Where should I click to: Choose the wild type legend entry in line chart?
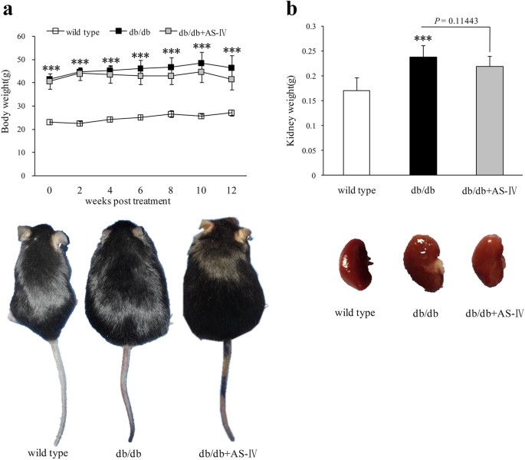[76, 10]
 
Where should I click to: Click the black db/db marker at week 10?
[179, 64]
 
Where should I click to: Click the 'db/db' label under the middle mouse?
[130, 452]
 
